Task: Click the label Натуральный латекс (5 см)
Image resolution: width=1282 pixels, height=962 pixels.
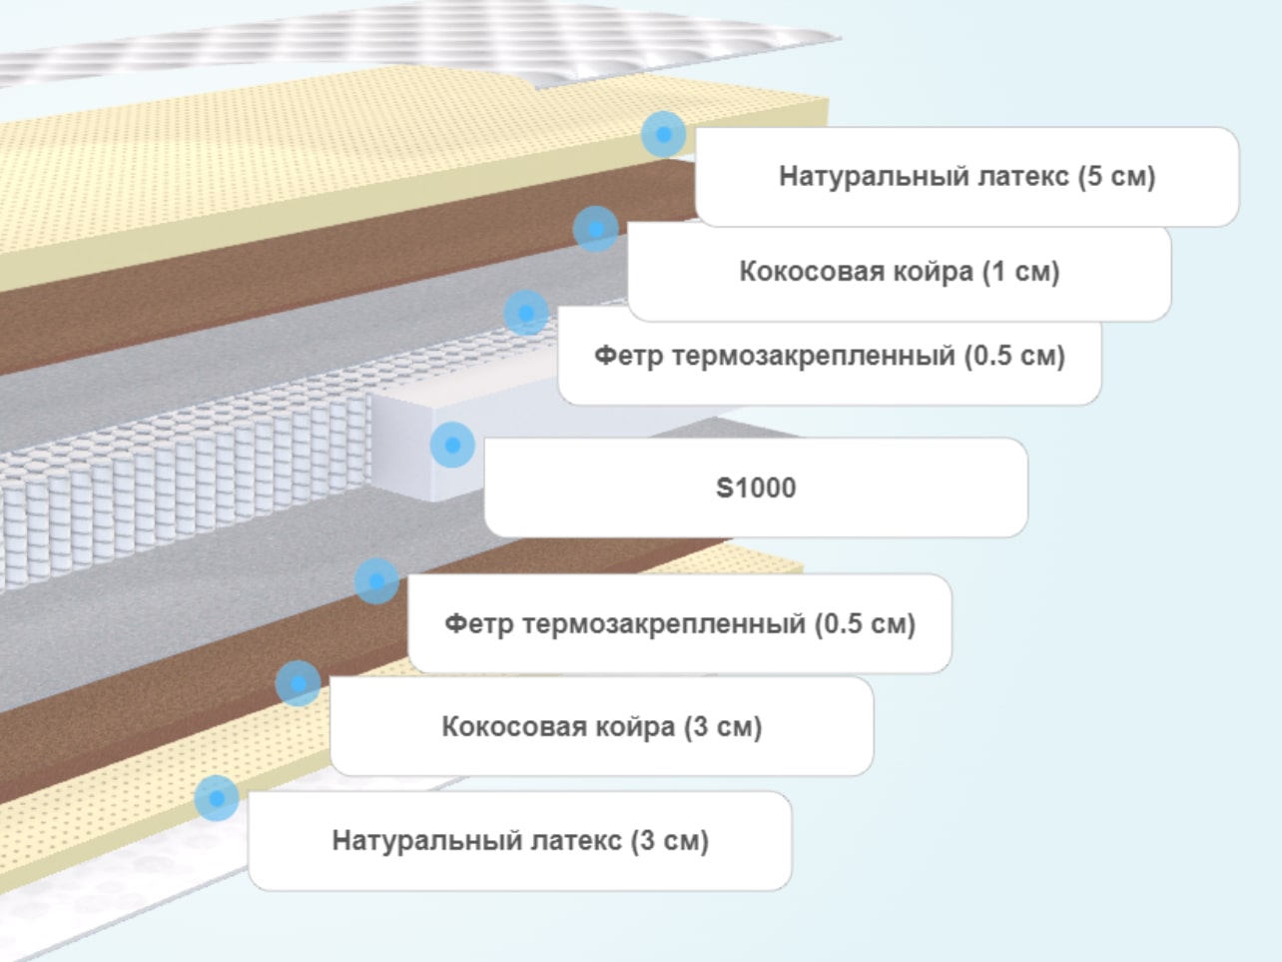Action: click(x=967, y=177)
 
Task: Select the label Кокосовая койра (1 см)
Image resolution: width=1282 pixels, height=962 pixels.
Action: click(x=900, y=272)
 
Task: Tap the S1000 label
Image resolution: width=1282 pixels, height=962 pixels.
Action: click(x=756, y=487)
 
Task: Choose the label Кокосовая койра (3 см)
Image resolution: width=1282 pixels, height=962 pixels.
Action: click(x=602, y=726)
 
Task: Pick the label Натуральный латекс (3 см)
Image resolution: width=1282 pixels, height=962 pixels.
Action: click(x=520, y=841)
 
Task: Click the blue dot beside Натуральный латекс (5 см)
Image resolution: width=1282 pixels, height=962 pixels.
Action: click(x=664, y=134)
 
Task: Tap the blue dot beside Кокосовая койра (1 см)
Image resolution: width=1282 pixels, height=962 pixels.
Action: click(x=596, y=229)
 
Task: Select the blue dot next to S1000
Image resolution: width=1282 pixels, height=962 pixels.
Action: click(x=452, y=446)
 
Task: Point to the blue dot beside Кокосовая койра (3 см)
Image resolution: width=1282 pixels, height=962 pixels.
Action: click(x=298, y=683)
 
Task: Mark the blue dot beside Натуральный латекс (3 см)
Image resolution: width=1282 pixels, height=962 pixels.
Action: click(x=217, y=798)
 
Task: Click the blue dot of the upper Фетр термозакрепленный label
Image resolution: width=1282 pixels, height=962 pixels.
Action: click(x=526, y=313)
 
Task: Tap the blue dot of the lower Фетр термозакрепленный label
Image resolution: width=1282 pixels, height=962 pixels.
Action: click(x=376, y=580)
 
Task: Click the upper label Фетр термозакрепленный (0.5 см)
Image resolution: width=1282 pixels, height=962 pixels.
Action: click(x=830, y=356)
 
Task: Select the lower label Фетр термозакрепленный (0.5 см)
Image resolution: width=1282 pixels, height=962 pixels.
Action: click(x=679, y=623)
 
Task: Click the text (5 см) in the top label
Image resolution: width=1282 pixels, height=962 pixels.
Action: click(x=1116, y=177)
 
